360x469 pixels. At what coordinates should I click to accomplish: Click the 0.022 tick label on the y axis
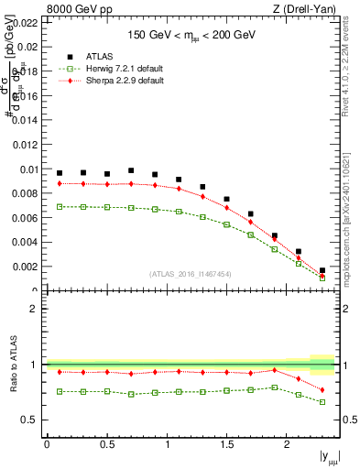[x=22, y=22]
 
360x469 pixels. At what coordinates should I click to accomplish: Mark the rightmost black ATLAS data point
[x=322, y=270]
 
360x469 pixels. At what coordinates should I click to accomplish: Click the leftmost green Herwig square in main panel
[x=60, y=207]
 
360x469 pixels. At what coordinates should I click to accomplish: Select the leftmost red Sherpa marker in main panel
[x=60, y=183]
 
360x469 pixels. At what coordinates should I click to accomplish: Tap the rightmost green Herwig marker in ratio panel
[x=322, y=402]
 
